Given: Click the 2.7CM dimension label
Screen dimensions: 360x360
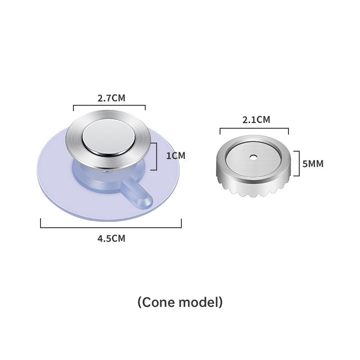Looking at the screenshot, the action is click(x=111, y=98).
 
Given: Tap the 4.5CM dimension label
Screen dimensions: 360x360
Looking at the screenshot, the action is click(x=111, y=238).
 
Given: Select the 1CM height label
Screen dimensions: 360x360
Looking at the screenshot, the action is click(x=175, y=156).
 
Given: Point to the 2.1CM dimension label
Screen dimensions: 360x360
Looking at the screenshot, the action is click(x=256, y=120).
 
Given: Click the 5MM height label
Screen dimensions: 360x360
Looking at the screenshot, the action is click(x=313, y=164).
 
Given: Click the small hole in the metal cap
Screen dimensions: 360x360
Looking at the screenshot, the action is click(x=253, y=157).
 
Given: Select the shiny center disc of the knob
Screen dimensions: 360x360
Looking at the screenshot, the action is click(x=108, y=138).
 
